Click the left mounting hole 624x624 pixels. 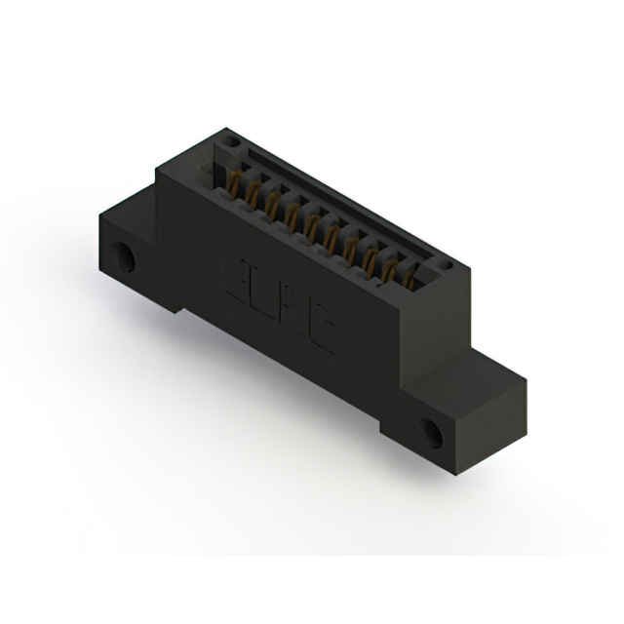(x=126, y=258)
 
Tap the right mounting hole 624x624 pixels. (x=428, y=430)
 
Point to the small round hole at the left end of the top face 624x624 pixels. (x=230, y=142)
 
